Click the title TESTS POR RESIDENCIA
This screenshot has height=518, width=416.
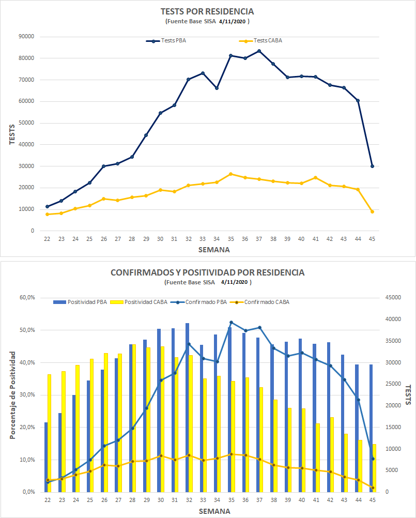pos(208,11)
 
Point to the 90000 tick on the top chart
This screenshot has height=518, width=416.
pos(26,37)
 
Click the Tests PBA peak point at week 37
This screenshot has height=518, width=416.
pos(259,51)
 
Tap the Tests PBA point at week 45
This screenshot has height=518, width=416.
pos(372,166)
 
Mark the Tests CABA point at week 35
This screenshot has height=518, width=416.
pos(231,174)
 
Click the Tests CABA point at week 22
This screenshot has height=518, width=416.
pos(48,214)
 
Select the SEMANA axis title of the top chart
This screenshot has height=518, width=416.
pos(214,250)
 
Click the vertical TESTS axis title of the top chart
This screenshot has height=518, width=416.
pos(12,133)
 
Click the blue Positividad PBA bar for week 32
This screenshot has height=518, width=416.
pos(187,407)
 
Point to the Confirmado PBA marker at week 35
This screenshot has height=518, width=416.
pos(231,322)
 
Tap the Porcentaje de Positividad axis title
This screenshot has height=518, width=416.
pos(12,395)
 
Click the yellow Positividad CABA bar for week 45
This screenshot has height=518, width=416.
pos(374,468)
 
